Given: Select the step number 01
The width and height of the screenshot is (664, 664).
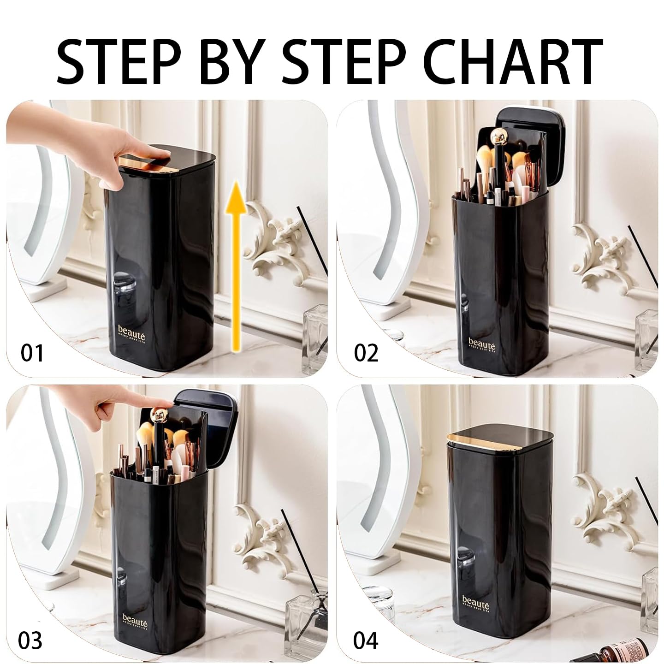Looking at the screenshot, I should coord(32,353).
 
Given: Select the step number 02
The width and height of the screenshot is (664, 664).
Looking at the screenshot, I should coord(366,353).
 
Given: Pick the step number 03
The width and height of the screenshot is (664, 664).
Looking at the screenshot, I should coord(30,641).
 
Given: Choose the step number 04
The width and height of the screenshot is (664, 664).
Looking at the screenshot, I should coord(366,641).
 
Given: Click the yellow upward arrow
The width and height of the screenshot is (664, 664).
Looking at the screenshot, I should coord(236,263).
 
